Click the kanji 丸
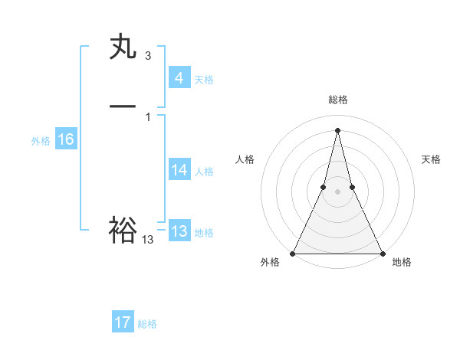pyautogui.click(x=123, y=47)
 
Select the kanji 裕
pyautogui.click(x=123, y=230)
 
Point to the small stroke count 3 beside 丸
pyautogui.click(x=148, y=56)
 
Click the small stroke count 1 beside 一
pyautogui.click(x=148, y=116)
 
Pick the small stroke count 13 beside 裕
pyautogui.click(x=148, y=240)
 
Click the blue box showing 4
pyautogui.click(x=179, y=78)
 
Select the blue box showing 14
pyautogui.click(x=179, y=170)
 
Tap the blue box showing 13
pyautogui.click(x=179, y=231)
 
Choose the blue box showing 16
pyautogui.click(x=65, y=139)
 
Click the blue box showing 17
pyautogui.click(x=123, y=322)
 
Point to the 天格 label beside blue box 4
pyautogui.click(x=204, y=80)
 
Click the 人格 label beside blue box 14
pyautogui.click(x=204, y=172)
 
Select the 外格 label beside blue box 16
pyautogui.click(x=41, y=141)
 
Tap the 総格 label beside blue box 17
pyautogui.click(x=147, y=324)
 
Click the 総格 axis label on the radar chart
pyautogui.click(x=337, y=100)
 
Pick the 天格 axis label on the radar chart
pyautogui.click(x=432, y=159)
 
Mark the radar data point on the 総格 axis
pyautogui.click(x=337, y=129)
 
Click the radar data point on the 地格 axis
pyautogui.click(x=382, y=253)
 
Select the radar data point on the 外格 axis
pyautogui.click(x=293, y=253)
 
